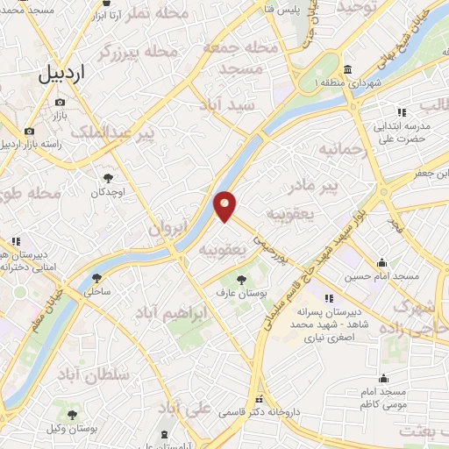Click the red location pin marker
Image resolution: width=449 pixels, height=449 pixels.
tap(225, 205)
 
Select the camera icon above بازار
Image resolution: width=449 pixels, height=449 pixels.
tap(60, 102)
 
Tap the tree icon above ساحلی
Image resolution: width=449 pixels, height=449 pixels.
tap(96, 279)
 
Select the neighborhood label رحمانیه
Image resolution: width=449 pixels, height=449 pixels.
tap(341, 150)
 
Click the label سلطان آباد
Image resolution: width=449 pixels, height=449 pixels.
tap(97, 374)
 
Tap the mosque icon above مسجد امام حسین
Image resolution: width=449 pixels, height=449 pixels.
tap(381, 262)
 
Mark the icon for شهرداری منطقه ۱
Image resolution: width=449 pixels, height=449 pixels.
tap(348, 70)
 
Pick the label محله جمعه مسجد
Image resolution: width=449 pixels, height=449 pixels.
tap(237, 56)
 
